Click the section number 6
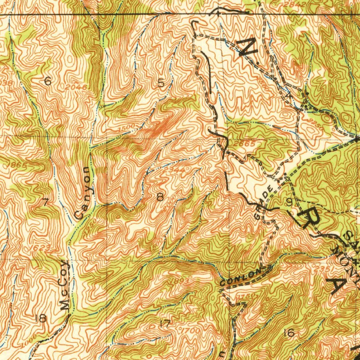coord(48,82)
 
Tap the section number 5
coord(161,83)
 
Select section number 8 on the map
coord(160,198)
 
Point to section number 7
coord(45,202)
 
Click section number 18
coord(41,319)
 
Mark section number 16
coord(290,333)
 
